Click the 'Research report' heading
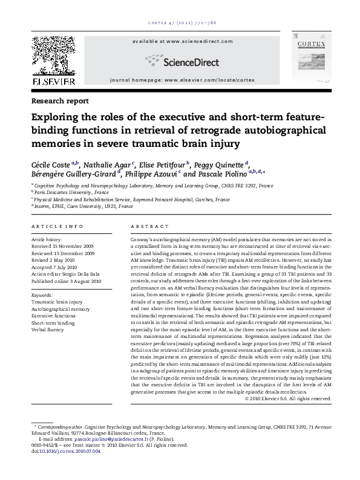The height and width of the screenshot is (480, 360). [59, 101]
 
